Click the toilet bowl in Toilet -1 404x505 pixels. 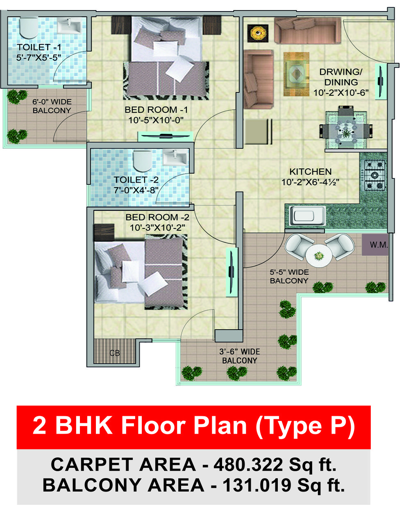point(28,28)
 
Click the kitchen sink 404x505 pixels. point(308,216)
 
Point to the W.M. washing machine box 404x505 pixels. point(375,245)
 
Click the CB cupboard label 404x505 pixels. point(115,353)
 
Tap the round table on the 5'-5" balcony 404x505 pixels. point(319,256)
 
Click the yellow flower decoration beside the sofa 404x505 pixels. point(258,33)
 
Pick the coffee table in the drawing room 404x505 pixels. point(296,74)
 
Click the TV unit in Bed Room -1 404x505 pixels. point(166,136)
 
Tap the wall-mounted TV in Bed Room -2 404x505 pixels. point(232,272)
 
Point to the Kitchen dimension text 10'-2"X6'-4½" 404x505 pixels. point(310,182)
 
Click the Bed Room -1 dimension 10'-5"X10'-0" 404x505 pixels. point(156,120)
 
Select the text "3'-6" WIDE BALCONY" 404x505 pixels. point(240,356)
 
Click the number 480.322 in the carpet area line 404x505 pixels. point(248,464)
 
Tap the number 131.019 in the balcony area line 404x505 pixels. point(257,485)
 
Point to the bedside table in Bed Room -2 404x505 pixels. point(104,232)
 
